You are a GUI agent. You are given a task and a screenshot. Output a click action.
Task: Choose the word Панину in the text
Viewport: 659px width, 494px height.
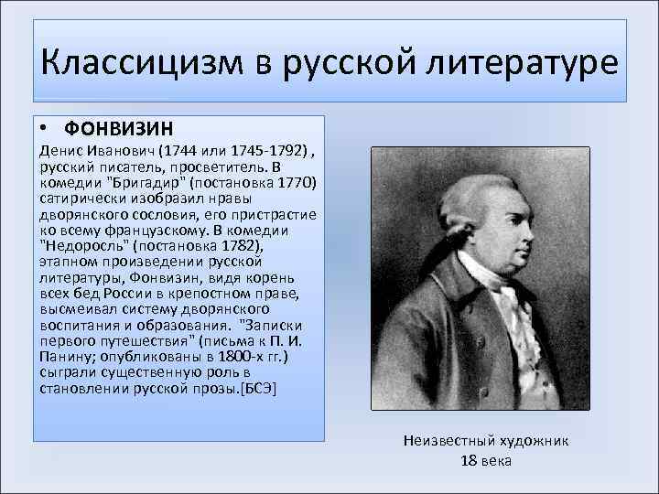tap(62, 357)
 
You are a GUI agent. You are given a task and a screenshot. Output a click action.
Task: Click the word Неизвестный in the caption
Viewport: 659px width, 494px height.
tap(443, 440)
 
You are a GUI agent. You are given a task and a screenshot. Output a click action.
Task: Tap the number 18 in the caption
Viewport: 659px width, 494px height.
tap(469, 460)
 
